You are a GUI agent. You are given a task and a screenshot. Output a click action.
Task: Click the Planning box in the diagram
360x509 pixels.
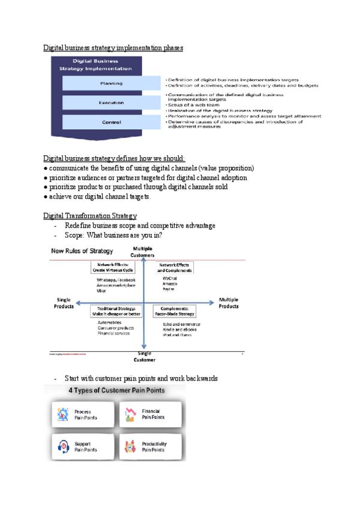[111, 83]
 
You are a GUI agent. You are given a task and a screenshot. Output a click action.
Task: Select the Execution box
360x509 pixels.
[111, 103]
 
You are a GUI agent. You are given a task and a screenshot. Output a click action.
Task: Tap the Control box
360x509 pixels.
[111, 122]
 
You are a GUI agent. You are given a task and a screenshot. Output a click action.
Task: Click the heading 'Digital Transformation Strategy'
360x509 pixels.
[90, 216]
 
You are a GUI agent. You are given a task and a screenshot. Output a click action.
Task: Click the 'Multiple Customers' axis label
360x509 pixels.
[143, 251]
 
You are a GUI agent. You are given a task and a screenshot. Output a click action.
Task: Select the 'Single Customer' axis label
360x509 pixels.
[143, 357]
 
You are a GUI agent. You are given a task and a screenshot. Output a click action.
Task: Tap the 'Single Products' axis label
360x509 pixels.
[64, 303]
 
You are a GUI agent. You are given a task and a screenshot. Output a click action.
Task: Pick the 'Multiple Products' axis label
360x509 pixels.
[229, 303]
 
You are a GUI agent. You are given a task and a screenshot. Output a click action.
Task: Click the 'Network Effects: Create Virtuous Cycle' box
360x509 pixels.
[112, 267]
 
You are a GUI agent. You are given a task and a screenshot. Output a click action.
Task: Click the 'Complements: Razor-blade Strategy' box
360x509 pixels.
[178, 311]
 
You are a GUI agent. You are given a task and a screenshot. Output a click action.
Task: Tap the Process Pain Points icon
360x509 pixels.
[62, 414]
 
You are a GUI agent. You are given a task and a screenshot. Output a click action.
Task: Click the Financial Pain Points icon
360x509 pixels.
[130, 414]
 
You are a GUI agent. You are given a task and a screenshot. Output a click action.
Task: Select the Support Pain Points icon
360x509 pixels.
[62, 447]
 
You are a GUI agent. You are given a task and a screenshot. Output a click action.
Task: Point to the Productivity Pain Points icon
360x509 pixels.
[130, 447]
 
